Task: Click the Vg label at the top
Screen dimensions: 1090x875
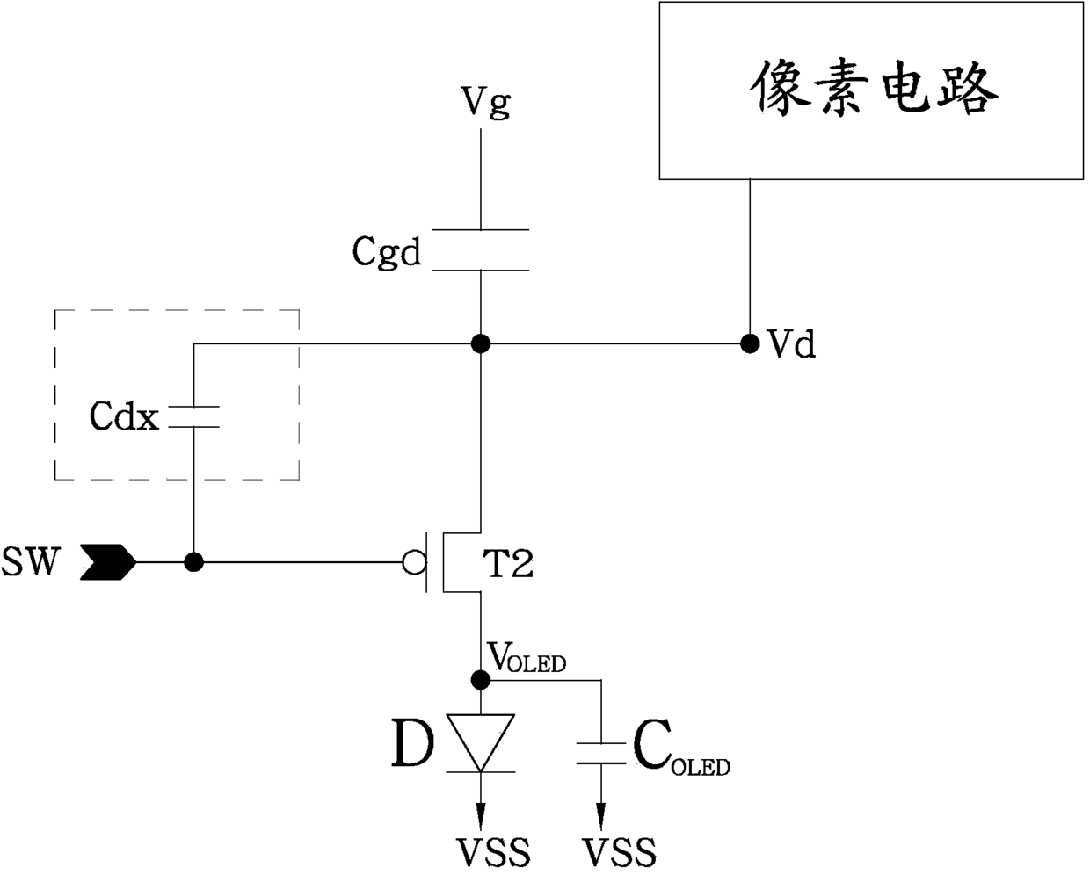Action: tap(485, 103)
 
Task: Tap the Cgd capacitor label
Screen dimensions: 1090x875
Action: tap(387, 251)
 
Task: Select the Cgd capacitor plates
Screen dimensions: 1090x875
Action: tap(480, 250)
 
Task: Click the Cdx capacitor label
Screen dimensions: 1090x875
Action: tap(124, 416)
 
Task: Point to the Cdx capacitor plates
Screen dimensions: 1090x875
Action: tap(193, 416)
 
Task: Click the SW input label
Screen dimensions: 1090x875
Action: tap(31, 561)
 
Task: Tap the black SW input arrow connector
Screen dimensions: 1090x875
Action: tap(108, 562)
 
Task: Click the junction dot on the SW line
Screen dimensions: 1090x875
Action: tap(193, 562)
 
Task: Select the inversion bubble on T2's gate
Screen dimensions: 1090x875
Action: tap(414, 562)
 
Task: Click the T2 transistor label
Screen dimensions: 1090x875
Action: tap(507, 564)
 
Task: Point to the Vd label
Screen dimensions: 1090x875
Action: tap(791, 343)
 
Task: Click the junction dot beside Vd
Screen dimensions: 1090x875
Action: tap(750, 343)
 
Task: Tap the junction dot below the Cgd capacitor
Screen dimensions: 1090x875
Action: tap(480, 343)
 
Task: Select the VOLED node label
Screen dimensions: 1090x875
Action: tap(527, 657)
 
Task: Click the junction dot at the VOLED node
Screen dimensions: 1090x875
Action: tap(480, 680)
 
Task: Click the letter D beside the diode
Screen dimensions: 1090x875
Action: tap(413, 744)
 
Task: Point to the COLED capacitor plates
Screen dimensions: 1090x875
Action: tap(601, 753)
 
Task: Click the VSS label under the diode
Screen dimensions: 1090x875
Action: tap(494, 852)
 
